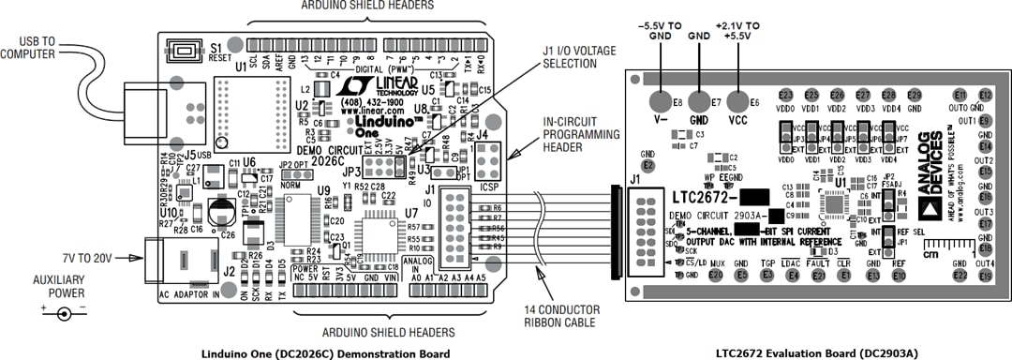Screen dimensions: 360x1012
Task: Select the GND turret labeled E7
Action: coord(698,101)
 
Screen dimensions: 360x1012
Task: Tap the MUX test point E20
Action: coord(716,274)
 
